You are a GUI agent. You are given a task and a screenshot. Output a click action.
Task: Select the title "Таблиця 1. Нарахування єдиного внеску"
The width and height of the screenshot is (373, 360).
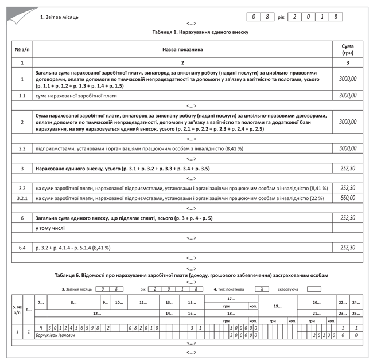191,33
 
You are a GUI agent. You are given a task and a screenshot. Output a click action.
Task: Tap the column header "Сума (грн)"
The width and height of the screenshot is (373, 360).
347,49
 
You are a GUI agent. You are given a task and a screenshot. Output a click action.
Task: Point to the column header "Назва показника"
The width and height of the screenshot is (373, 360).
182,49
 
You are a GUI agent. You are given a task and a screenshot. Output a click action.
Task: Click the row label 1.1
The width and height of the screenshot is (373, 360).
22,96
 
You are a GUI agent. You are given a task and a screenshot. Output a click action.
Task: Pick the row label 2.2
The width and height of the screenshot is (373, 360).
22,148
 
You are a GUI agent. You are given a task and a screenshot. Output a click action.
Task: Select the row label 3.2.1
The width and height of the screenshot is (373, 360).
22,198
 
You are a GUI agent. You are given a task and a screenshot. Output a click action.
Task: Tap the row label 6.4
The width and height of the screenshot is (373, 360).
22,248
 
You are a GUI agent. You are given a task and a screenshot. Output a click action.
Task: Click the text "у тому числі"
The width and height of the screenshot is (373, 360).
50,228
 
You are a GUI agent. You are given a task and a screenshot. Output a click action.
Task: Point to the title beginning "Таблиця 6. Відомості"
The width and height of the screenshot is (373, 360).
191,275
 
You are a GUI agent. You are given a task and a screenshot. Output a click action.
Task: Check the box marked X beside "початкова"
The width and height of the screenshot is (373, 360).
261,289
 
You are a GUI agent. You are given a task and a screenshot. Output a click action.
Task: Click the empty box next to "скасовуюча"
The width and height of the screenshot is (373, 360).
314,289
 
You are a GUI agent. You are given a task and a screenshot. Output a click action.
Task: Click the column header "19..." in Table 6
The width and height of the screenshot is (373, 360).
277,306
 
